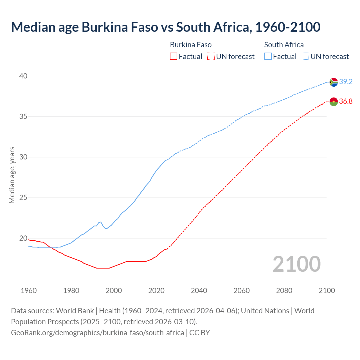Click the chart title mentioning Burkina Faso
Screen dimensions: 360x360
(166, 27)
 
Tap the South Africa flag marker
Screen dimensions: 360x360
(334, 82)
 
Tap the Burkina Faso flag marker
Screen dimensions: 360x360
(334, 102)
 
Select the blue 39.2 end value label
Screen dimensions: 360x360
(346, 82)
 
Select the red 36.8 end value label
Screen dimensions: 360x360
(346, 102)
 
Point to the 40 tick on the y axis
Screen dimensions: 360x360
(23, 76)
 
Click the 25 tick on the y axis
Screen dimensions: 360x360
(23, 198)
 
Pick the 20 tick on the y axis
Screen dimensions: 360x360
(23, 238)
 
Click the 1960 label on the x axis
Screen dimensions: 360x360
(29, 291)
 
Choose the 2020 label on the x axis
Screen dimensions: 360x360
(156, 291)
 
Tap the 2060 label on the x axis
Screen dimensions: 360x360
(242, 291)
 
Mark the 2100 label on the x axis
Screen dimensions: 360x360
(327, 291)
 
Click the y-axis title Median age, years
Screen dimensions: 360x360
(12, 175)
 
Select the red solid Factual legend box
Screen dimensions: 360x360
(174, 57)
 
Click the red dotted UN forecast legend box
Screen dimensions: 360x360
(211, 57)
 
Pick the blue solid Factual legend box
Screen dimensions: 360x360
(268, 57)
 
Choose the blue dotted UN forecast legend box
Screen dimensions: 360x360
(305, 57)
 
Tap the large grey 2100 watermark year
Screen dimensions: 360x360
(297, 264)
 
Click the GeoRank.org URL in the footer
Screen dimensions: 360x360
(98, 333)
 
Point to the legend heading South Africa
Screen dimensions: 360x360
(284, 45)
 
